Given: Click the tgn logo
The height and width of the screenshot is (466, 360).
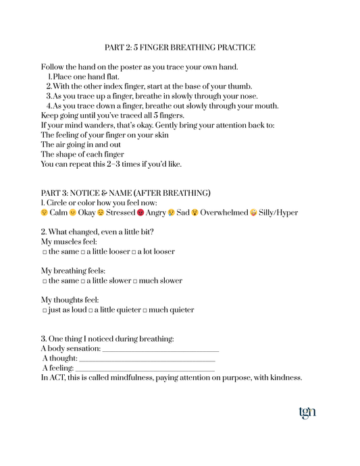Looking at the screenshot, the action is [x=307, y=412].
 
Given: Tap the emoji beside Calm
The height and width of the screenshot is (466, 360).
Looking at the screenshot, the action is [x=45, y=213].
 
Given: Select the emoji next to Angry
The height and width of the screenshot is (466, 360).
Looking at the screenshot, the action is [x=140, y=213].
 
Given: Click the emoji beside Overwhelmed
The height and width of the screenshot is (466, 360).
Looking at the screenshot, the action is [x=195, y=213].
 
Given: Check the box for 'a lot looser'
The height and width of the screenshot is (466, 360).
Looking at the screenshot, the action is [x=134, y=252].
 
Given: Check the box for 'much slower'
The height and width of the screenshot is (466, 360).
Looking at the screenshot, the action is [x=135, y=281].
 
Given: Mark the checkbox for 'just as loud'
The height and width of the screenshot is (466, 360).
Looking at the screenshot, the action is [x=45, y=311].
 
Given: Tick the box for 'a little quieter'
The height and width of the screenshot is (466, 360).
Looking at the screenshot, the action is [x=91, y=311].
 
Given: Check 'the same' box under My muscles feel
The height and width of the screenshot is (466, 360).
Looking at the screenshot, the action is [x=45, y=252].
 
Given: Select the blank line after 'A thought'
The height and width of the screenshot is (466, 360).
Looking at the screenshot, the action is [x=147, y=359].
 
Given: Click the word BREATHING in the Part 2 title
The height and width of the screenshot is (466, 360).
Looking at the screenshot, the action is [x=185, y=48].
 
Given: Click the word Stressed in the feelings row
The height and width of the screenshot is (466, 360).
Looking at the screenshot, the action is [x=121, y=213].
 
